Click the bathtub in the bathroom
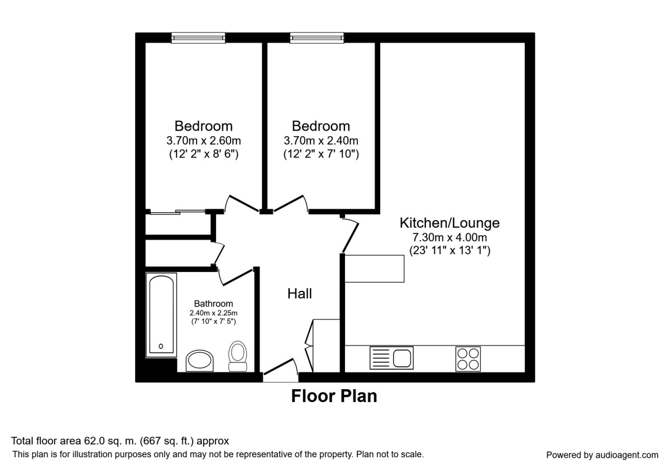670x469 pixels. point(162,314)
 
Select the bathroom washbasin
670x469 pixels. point(200,361)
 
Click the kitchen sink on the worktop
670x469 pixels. point(391,357)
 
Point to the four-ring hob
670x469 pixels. point(468,358)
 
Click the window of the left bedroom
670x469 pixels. point(198,37)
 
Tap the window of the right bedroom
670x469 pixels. point(317,37)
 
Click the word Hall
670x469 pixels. point(300,294)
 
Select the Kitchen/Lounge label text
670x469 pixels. point(449,223)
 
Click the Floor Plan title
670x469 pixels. point(334,396)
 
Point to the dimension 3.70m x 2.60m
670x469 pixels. point(204,140)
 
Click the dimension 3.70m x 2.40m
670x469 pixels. point(321,140)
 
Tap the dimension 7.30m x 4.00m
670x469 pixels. point(449,238)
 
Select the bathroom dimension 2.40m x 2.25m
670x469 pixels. point(213,313)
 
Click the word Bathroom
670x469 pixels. point(213,304)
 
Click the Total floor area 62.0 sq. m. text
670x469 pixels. point(120,441)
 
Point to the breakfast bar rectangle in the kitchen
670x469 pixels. point(374,268)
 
